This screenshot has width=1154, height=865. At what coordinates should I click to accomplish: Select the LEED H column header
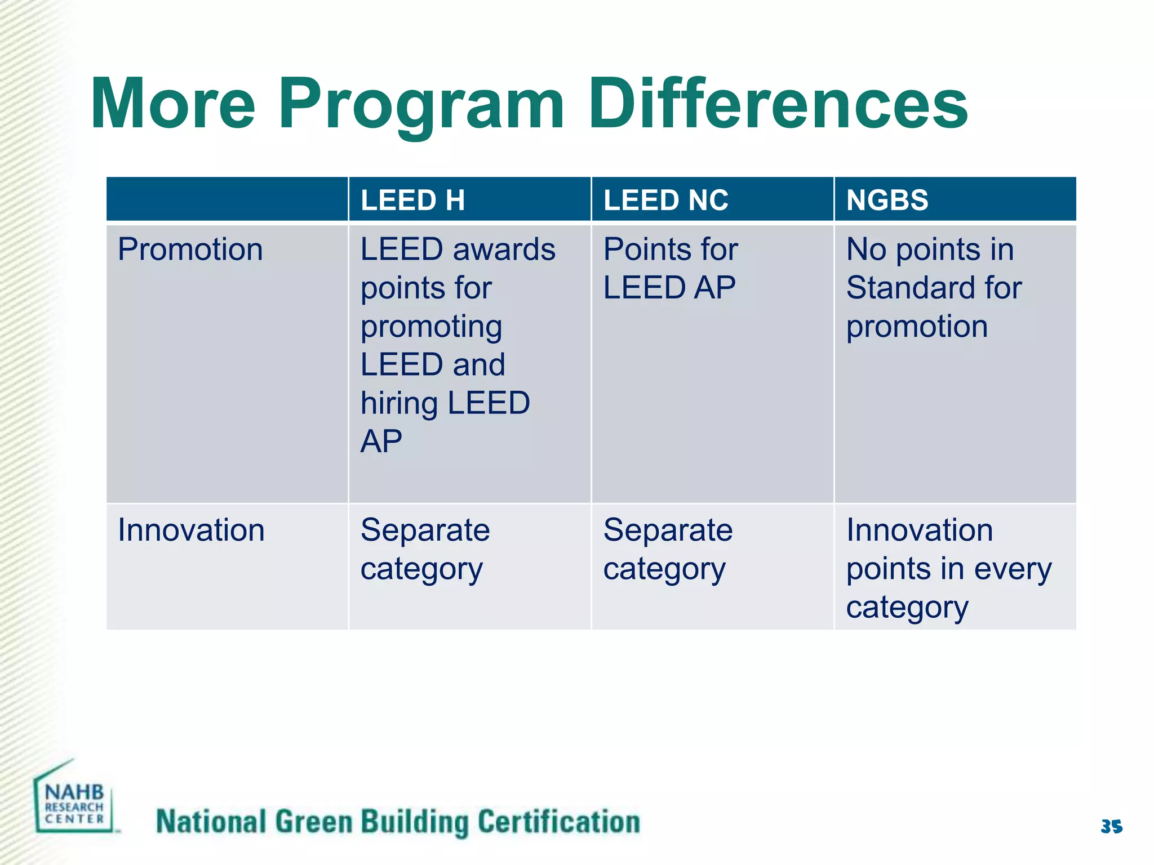coord(412,200)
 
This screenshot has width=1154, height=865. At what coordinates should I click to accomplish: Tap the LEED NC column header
coord(666,200)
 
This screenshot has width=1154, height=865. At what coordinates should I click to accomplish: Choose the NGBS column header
coord(887,200)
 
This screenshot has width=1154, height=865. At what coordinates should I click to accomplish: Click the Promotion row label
coord(190,249)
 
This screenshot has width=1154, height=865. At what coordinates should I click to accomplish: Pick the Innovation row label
coord(191,530)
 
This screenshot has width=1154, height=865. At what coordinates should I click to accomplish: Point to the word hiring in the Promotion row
coord(400,403)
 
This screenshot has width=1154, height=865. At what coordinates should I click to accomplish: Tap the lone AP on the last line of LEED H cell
coord(381,441)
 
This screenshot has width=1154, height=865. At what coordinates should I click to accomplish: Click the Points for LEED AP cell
coord(670,269)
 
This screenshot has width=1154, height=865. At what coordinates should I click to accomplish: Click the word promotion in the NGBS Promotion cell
coord(917,327)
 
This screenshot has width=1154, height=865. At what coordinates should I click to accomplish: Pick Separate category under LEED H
coord(425,549)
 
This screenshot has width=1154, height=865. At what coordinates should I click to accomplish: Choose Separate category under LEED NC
coord(668,549)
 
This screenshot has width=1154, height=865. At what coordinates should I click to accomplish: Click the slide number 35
coord(1111,827)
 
